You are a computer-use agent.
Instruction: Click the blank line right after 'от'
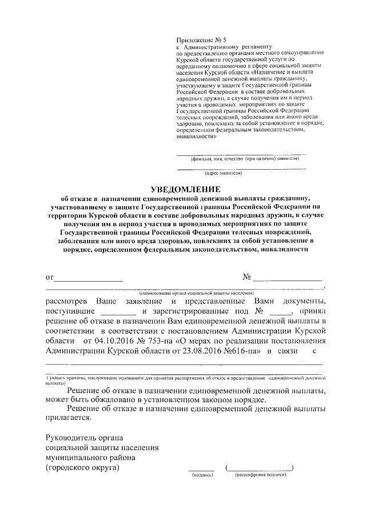pyautogui.click(x=88, y=279)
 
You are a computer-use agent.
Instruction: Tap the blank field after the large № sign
pyautogui.click(x=288, y=279)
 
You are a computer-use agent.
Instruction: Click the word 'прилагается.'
pyautogui.click(x=68, y=418)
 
